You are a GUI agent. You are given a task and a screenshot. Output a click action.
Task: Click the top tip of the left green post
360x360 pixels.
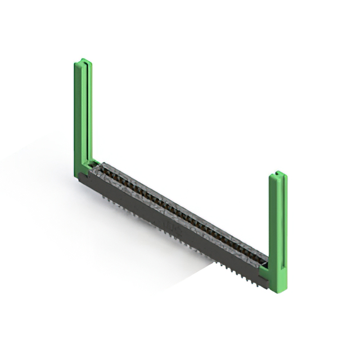(x=83, y=61)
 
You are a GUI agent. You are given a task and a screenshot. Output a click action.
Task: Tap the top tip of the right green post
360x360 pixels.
(x=278, y=174)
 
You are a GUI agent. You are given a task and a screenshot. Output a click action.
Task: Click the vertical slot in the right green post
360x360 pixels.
(x=278, y=225)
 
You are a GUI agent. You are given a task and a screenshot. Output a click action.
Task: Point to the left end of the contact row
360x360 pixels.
(x=104, y=167)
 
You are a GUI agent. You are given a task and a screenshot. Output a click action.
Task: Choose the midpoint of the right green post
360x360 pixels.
(x=278, y=231)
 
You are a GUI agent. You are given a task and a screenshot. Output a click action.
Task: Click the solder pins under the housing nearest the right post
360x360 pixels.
(x=247, y=274)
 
